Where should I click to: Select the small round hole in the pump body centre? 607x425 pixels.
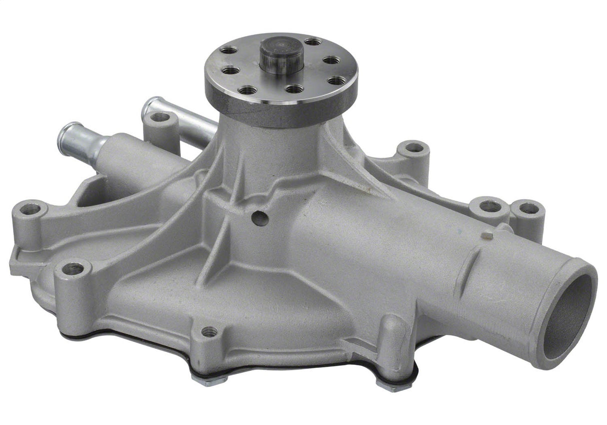259,218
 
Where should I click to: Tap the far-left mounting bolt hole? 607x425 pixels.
30,209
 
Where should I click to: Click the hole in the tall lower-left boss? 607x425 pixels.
73,268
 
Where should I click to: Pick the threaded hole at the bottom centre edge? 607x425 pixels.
209,331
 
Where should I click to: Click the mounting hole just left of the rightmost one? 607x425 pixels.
490,205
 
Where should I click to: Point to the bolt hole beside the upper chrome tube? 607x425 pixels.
160,118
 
